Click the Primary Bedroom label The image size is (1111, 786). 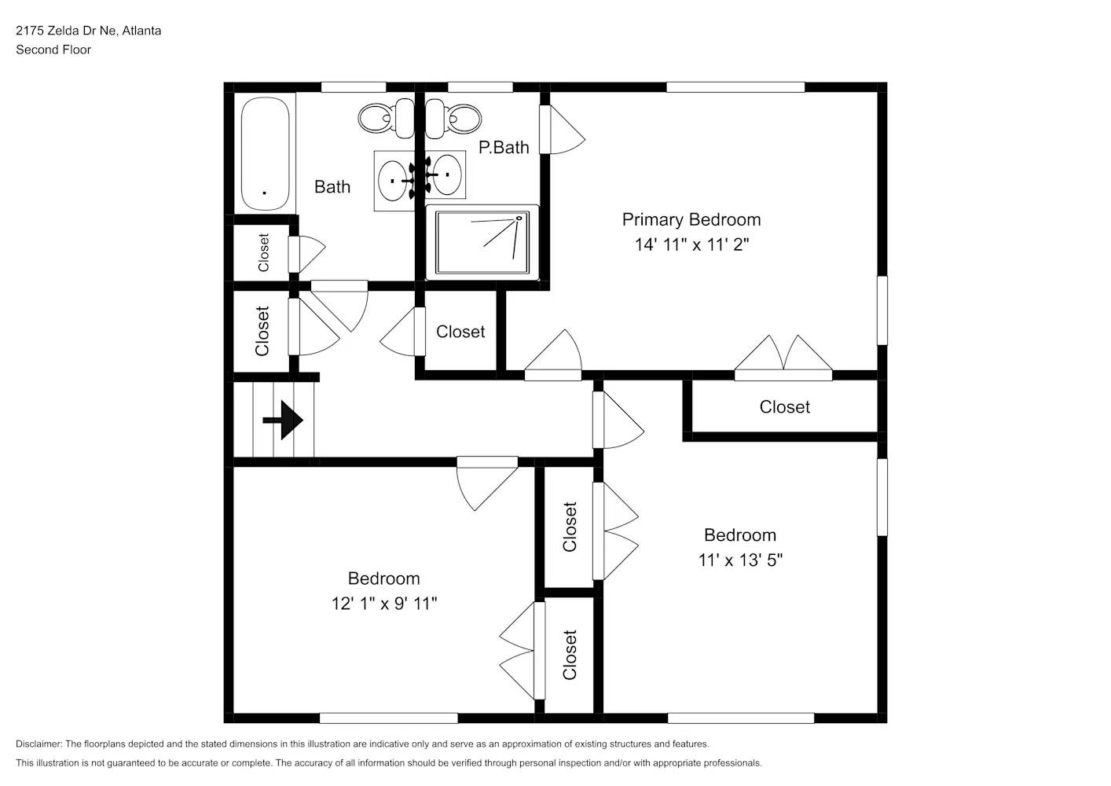(x=691, y=220)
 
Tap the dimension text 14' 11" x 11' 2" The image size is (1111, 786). (x=691, y=244)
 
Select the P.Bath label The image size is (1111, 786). (x=504, y=148)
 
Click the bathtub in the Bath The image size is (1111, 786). (x=266, y=154)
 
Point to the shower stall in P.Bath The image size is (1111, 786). (x=482, y=242)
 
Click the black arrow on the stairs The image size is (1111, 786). (x=283, y=421)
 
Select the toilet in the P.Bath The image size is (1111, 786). (x=453, y=118)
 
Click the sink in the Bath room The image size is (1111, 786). (x=394, y=181)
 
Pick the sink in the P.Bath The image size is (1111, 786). (x=445, y=174)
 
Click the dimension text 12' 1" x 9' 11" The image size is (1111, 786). (x=384, y=604)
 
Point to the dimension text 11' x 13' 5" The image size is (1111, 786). (x=740, y=560)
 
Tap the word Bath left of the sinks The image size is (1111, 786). (x=332, y=187)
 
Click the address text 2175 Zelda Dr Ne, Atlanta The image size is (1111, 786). (x=88, y=31)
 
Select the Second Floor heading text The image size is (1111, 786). (x=53, y=50)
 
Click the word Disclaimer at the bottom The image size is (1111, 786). (x=39, y=744)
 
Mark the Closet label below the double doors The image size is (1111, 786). (x=785, y=407)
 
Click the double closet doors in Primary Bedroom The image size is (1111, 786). (x=783, y=358)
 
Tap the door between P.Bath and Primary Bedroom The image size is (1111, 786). (x=562, y=130)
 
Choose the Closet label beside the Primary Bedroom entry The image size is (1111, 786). (x=460, y=332)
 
